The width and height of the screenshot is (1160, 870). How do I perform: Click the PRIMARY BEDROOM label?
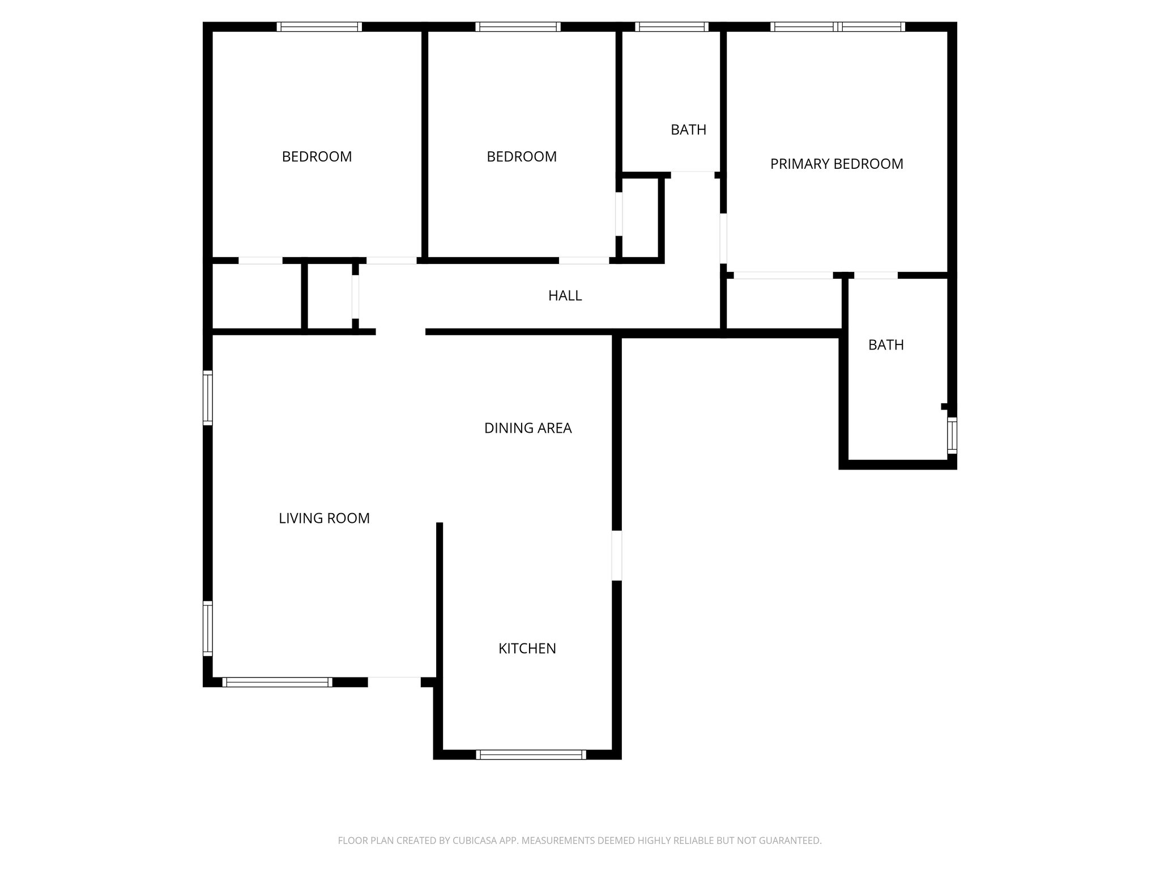tap(836, 164)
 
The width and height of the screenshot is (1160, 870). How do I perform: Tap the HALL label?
tap(565, 296)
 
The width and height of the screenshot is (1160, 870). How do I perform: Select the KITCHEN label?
tap(527, 649)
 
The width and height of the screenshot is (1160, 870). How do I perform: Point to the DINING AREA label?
tap(527, 428)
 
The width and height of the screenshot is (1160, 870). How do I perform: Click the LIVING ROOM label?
tap(324, 518)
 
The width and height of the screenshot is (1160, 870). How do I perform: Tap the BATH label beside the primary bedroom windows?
tap(688, 130)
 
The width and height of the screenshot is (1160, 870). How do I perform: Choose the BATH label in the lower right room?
tap(886, 345)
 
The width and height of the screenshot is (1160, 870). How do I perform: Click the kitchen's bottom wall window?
tap(531, 754)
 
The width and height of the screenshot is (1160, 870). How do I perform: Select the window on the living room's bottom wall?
tap(277, 682)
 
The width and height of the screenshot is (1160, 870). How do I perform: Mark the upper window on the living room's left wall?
tap(208, 398)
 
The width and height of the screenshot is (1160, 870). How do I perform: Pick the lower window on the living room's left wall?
tap(208, 628)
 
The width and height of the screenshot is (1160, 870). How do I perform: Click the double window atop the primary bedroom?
tap(838, 27)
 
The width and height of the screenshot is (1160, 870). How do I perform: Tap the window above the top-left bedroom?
tap(319, 27)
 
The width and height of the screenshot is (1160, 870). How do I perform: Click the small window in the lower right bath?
tap(952, 436)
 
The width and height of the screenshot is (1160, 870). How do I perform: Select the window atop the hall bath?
tap(671, 27)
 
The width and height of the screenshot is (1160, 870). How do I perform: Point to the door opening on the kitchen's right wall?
tap(617, 556)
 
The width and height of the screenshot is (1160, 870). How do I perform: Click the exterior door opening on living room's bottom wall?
tap(394, 681)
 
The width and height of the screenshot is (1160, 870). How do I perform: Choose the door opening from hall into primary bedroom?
tap(723, 238)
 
